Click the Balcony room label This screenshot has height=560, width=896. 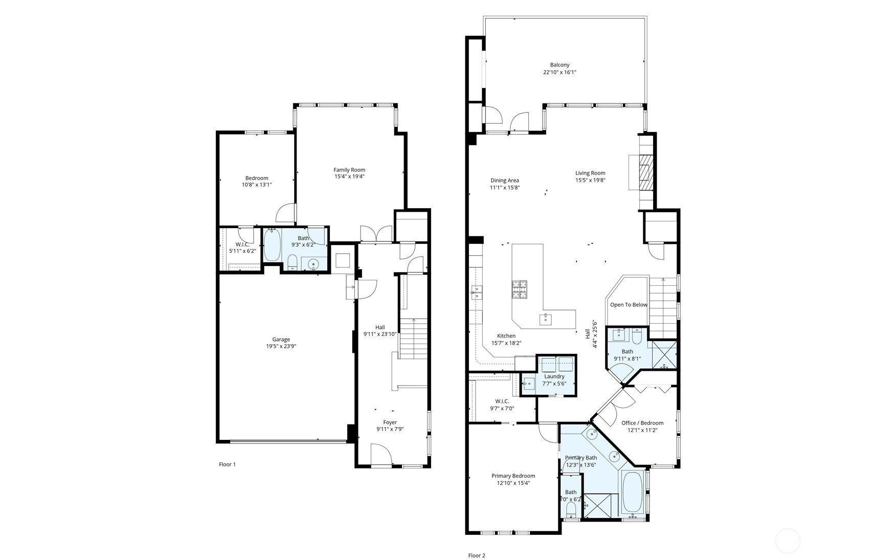pos(559,65)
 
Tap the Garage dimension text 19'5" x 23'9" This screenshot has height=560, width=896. pos(281,346)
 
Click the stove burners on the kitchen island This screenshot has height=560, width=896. pos(520,289)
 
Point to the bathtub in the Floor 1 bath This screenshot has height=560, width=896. pos(272,245)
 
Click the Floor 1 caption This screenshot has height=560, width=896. pos(227,464)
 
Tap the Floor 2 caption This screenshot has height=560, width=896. pos(477,555)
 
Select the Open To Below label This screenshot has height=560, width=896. pos(629,305)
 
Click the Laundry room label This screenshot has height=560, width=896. pos(554,376)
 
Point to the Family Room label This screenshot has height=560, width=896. pos(349,170)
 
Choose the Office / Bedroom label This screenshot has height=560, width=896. pos(642,423)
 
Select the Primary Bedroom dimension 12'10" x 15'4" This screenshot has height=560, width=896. pos(513,483)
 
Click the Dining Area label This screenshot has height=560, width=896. pos(505,181)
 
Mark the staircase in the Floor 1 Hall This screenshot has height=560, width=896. pos(413,338)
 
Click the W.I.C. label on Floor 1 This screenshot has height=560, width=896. pos(242,244)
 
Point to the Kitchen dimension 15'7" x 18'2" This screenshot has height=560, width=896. pos(506,343)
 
